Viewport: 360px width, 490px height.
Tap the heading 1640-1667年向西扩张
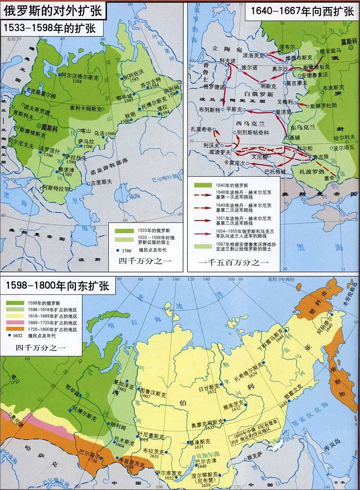tap(300, 11)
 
